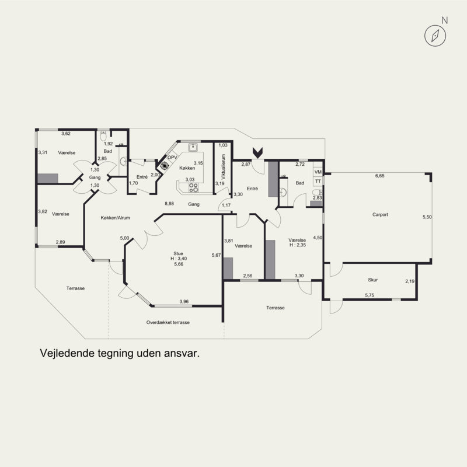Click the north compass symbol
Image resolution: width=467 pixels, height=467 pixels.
pos(435,36)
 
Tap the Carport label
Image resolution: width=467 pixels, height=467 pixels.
pos(380,214)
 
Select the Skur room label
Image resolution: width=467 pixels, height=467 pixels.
pos(372,280)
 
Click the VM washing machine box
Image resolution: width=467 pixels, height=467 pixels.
pos(318,172)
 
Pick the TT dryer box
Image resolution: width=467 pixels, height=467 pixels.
pos(318,181)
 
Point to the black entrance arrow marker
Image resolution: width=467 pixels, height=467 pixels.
pos(257,152)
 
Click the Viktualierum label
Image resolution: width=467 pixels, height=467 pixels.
pos(224,166)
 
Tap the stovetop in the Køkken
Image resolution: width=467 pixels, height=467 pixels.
pos(193,187)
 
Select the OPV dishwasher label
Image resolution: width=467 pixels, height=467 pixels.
pos(172,157)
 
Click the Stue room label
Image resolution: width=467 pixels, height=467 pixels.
pos(178,253)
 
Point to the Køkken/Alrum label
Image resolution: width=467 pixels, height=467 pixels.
pos(115,218)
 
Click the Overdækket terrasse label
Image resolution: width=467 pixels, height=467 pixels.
pos(168,322)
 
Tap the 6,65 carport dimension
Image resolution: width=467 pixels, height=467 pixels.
pos(380,176)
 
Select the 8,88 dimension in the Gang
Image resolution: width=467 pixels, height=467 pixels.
pos(169,204)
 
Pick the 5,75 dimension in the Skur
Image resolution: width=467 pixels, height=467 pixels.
pos(370,295)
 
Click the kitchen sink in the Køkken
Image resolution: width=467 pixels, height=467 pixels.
pos(193,147)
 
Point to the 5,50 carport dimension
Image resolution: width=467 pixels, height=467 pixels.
pos(427,217)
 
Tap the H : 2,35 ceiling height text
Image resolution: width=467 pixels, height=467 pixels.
pos(298,245)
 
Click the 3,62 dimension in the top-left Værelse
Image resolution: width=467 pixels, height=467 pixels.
pos(66,134)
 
